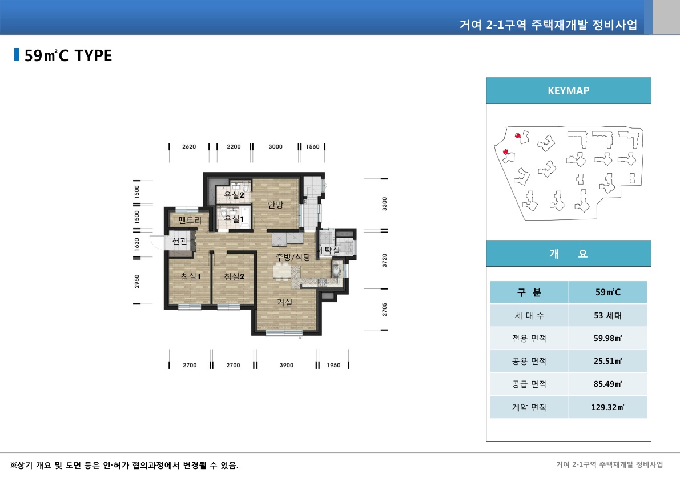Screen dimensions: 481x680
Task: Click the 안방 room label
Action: coord(276,205)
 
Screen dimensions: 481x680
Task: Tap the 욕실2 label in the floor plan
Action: coord(234,195)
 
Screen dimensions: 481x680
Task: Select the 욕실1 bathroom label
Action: coord(234,219)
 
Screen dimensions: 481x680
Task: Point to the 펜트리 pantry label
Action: coord(190,220)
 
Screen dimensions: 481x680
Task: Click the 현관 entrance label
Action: coord(180,242)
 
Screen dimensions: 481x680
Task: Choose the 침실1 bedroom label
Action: coord(191,277)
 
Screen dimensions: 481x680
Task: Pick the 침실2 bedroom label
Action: coord(234,277)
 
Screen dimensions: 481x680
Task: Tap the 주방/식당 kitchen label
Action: coord(293,258)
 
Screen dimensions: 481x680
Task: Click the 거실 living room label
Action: coord(285,302)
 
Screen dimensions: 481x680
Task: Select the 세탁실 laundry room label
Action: coord(329,251)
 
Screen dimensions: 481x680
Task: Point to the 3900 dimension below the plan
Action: coord(287,366)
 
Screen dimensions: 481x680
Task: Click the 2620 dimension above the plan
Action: coord(189,147)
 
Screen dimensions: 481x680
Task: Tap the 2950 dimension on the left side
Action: coord(137,281)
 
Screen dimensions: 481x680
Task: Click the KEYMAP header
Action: coord(568,90)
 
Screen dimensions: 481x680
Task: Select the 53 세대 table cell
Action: coord(607,315)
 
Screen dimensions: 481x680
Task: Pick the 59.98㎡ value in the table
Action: coord(607,338)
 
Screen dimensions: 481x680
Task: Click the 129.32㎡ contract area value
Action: coord(607,407)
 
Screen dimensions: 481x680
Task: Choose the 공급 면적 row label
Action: coord(529,384)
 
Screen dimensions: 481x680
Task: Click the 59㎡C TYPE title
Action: coord(69,55)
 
